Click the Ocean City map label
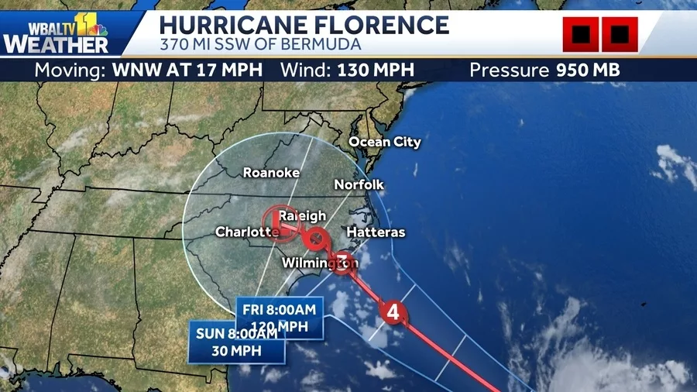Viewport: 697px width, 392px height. (384, 142)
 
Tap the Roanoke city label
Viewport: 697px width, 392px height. (271, 173)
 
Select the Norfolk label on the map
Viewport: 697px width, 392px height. (359, 184)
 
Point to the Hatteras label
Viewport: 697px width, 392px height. (376, 232)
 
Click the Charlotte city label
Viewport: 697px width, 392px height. (245, 232)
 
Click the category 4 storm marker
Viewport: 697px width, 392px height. (393, 314)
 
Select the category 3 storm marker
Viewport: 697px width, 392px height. (342, 262)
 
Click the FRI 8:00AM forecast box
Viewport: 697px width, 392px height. (279, 318)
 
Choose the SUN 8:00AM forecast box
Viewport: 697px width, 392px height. (236, 342)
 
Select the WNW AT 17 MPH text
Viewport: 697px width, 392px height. (187, 70)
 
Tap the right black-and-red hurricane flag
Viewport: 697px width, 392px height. (620, 35)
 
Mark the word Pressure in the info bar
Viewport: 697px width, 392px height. (510, 70)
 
